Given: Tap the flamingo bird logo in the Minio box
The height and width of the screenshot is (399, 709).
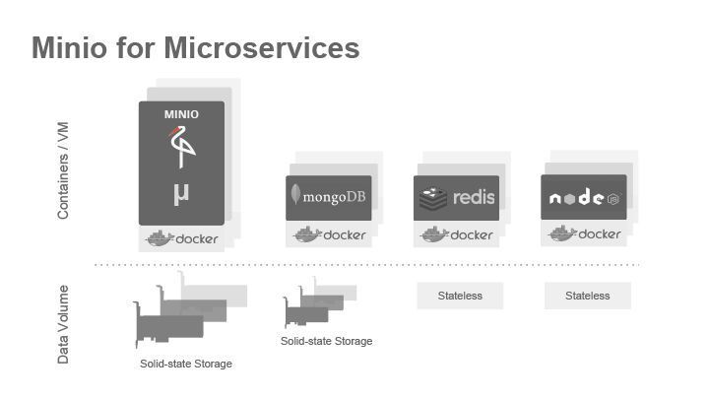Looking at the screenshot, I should pyautogui.click(x=181, y=148).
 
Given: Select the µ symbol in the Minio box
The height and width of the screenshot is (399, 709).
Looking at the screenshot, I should pyautogui.click(x=180, y=192).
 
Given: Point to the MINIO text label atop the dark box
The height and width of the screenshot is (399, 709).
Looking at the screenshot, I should pyautogui.click(x=181, y=114).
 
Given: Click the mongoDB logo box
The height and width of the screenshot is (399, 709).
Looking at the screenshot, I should pyautogui.click(x=329, y=196).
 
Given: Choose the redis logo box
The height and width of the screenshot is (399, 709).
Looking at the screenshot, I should pyautogui.click(x=456, y=197).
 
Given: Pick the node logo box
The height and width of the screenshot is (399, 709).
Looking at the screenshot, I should pyautogui.click(x=584, y=197).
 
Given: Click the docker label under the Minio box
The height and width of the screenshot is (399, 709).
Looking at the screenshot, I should pyautogui.click(x=182, y=238).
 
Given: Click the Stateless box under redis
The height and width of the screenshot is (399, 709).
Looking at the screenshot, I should pyautogui.click(x=460, y=296).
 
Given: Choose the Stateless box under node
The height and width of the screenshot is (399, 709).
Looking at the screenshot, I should pyautogui.click(x=588, y=296).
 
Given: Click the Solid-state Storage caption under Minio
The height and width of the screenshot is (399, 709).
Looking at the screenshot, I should pyautogui.click(x=186, y=365).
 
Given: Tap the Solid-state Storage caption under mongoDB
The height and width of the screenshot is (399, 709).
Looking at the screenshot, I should pyautogui.click(x=327, y=342).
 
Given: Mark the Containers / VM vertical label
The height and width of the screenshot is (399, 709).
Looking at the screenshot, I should pyautogui.click(x=63, y=169).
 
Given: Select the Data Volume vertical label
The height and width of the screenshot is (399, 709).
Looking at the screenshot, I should pyautogui.click(x=63, y=324).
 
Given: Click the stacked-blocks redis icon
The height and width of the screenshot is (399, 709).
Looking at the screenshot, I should pyautogui.click(x=433, y=198).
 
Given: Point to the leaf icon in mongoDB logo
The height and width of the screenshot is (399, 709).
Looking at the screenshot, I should pyautogui.click(x=295, y=194).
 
